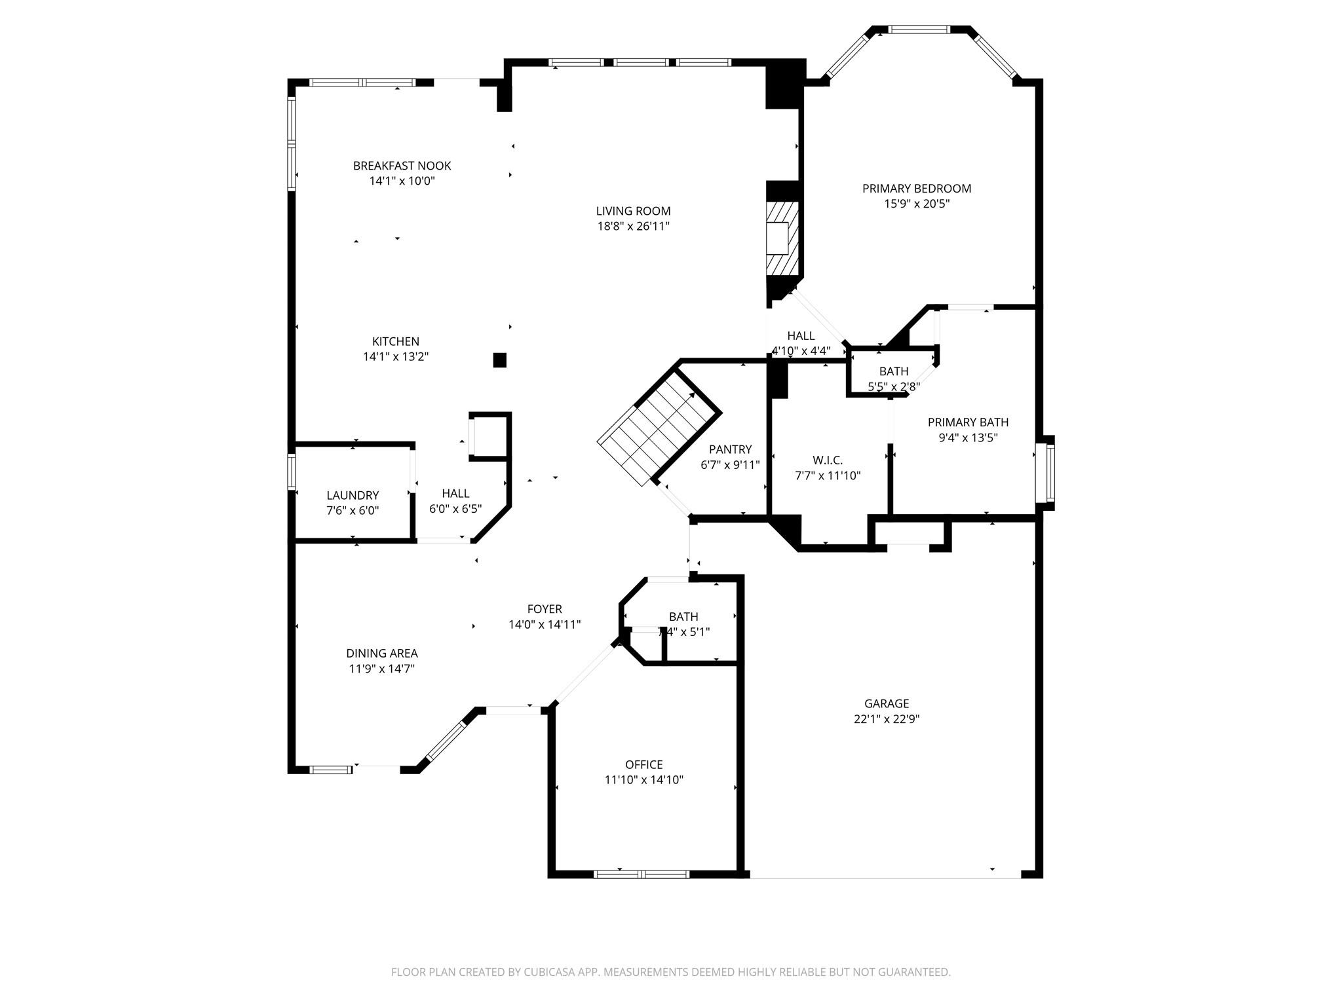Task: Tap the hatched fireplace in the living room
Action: [x=782, y=238]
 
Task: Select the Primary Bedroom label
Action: [x=916, y=189]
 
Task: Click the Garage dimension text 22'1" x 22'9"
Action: [x=886, y=718]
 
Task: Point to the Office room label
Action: [x=643, y=764]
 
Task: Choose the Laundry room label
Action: [x=353, y=495]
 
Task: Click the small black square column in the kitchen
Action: [x=499, y=360]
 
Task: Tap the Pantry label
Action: [x=730, y=449]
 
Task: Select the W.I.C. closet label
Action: [x=827, y=460]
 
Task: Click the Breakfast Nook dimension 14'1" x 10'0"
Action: [x=402, y=181]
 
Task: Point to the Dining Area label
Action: [x=381, y=653]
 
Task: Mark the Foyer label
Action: [x=544, y=609]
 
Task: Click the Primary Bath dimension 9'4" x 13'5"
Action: [x=968, y=438]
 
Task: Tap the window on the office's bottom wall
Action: [x=641, y=873]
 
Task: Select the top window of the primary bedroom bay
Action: [x=918, y=29]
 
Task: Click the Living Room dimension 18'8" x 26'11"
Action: [x=633, y=226]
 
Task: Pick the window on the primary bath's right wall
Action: [x=1049, y=472]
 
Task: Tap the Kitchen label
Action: [x=395, y=341]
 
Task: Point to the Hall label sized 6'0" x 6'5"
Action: [x=455, y=493]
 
